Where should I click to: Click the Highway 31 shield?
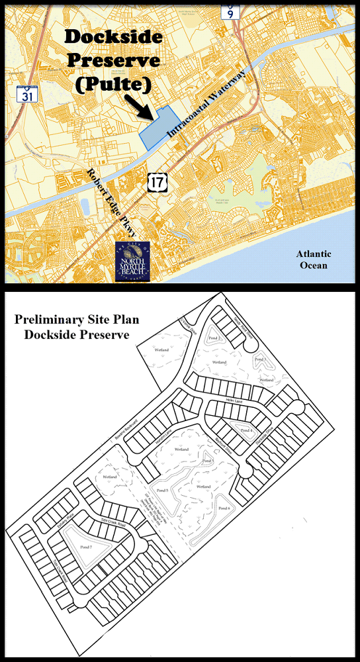coord(27,93)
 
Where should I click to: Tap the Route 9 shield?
coord(230,11)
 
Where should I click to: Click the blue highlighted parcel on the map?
coord(156,125)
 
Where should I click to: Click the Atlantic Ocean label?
coord(314,260)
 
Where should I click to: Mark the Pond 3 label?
coord(260,359)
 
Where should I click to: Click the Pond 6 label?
coord(224,508)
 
